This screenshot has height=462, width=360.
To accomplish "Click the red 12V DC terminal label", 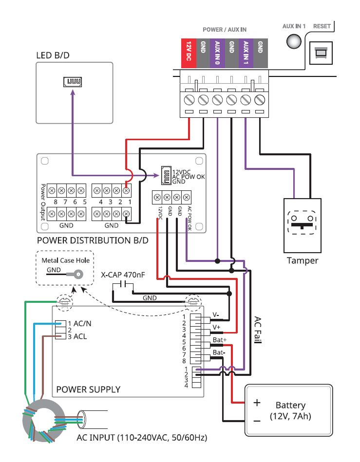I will (189, 52).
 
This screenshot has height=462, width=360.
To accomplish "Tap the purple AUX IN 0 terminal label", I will (217, 52).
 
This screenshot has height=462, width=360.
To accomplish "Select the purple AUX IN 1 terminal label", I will (246, 52).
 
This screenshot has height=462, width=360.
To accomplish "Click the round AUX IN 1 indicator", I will (294, 41).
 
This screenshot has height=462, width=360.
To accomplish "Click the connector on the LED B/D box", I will (72, 81).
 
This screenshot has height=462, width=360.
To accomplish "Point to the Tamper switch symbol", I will (302, 223).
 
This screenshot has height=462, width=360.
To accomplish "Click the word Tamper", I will (302, 260).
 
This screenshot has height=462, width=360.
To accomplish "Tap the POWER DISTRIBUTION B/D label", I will (93, 240).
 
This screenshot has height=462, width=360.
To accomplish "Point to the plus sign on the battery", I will (257, 403).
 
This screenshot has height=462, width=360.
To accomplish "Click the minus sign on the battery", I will (257, 420).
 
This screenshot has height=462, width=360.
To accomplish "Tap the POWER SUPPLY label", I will (88, 389).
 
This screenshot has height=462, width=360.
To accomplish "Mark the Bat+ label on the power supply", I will (220, 339).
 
